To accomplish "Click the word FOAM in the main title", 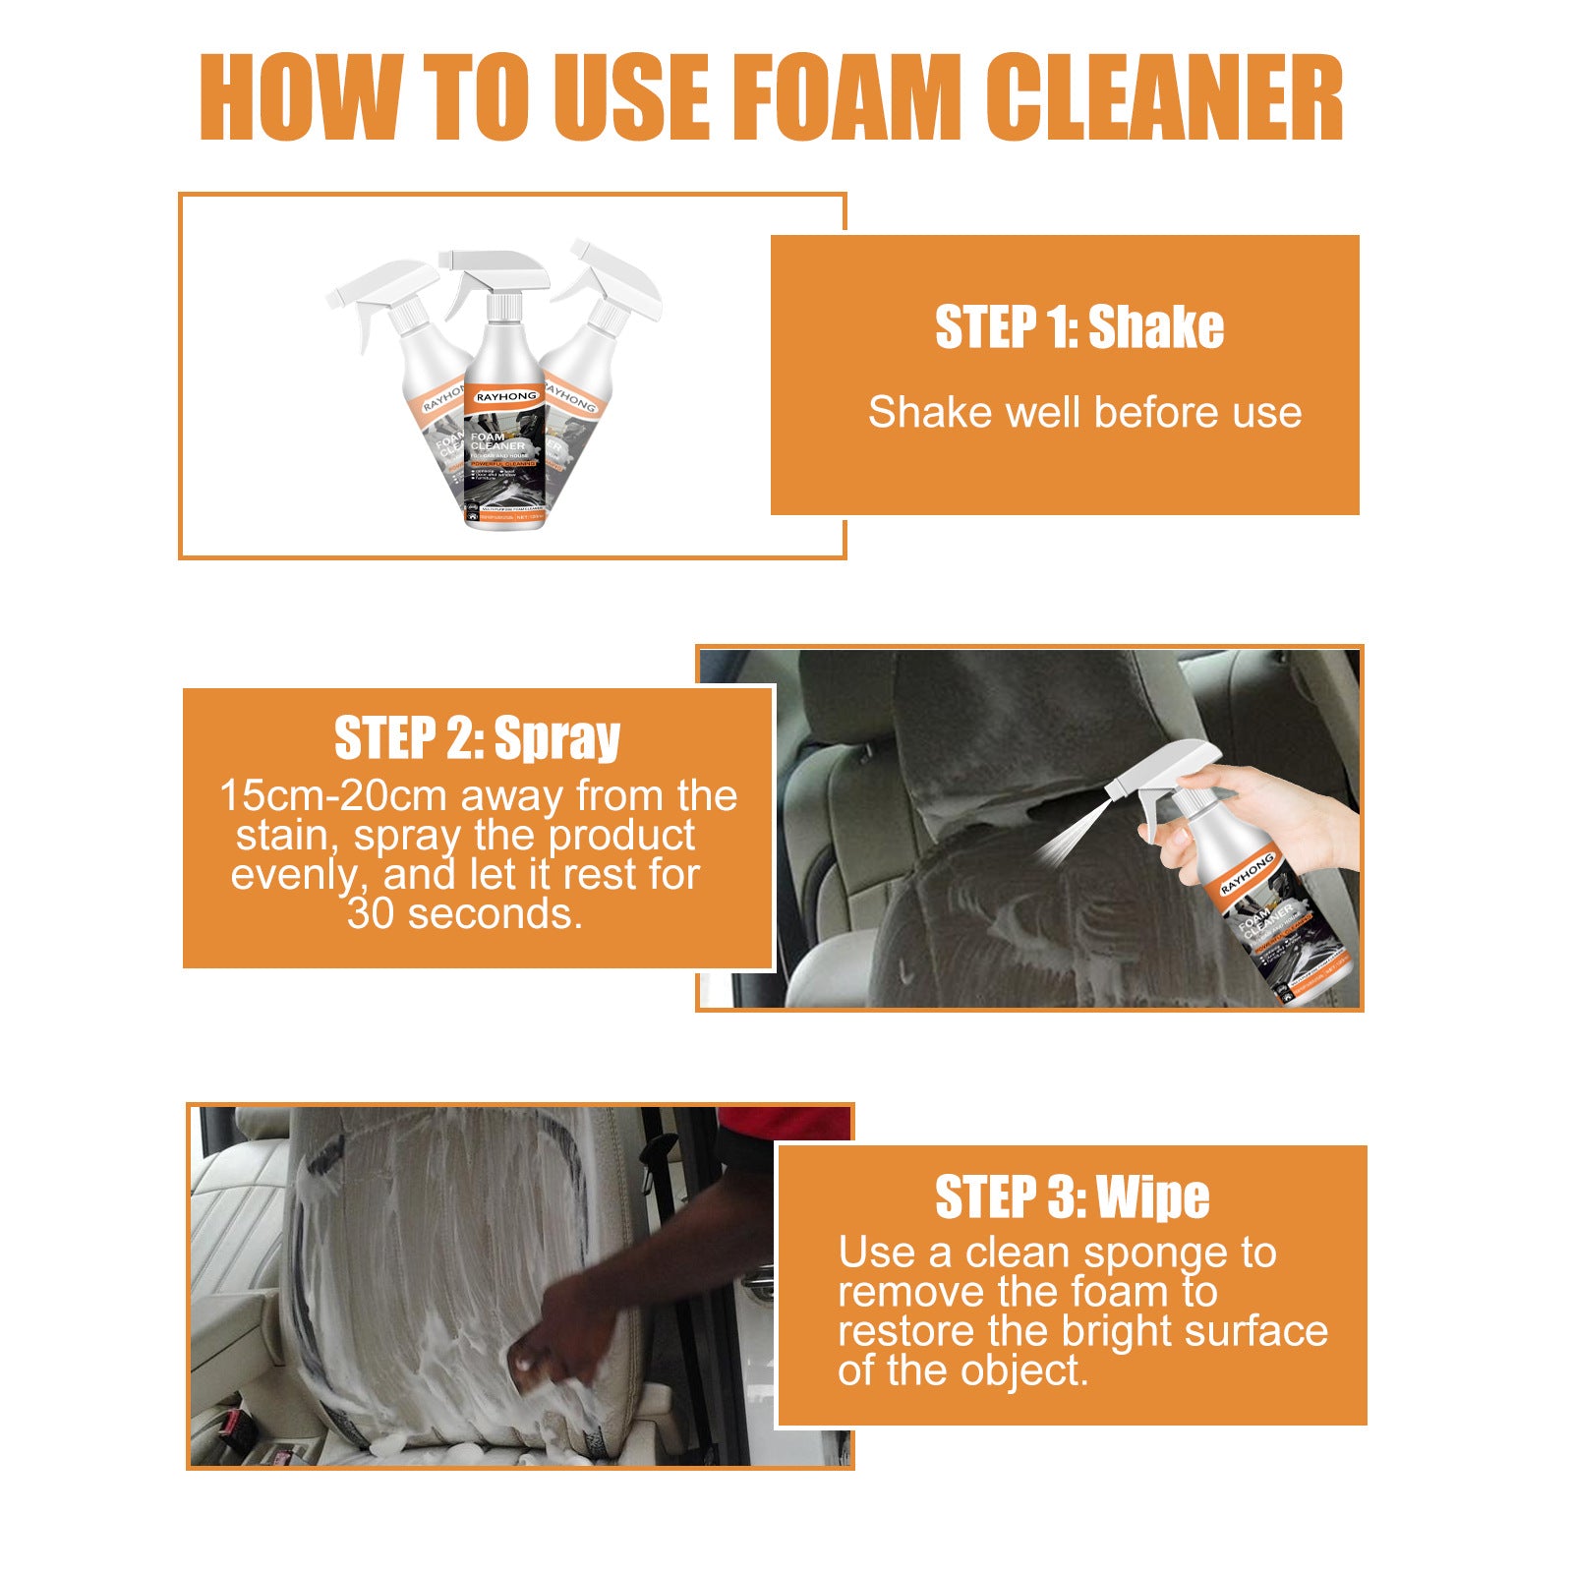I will point(847,98).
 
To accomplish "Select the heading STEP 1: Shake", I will point(1078,327).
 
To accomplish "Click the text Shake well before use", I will point(1084,413).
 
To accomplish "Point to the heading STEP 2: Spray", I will point(477,738).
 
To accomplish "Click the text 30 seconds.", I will point(465,914).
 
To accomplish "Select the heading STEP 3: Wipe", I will point(1072,1196).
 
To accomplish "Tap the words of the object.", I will point(962,1370).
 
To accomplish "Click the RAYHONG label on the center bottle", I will point(505,397).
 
